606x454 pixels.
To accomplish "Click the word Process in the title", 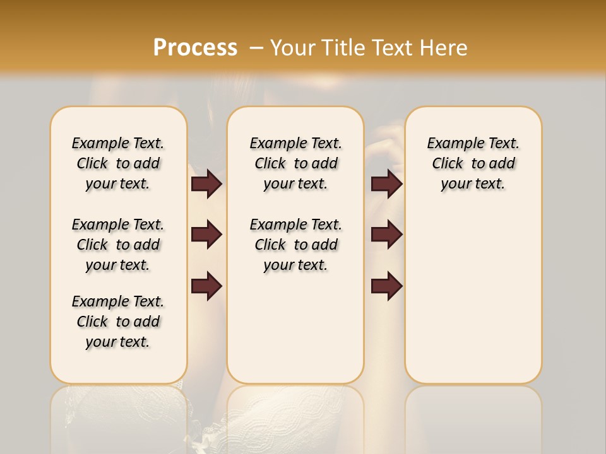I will point(195,47).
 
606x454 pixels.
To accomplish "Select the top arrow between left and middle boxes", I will point(206,184).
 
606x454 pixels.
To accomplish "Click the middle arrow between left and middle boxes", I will point(206,235).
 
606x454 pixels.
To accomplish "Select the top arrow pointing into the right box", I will point(386,184).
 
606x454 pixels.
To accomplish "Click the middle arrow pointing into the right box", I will point(386,235).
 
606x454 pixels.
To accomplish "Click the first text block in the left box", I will point(118,163).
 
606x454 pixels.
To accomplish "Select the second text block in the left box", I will point(118,245).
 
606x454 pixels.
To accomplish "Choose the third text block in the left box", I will point(118,322).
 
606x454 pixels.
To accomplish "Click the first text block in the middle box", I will point(295,163).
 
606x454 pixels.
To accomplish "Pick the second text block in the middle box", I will point(295,245).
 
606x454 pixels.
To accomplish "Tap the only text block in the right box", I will point(473,163).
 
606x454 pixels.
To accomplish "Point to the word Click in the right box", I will point(448,164).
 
